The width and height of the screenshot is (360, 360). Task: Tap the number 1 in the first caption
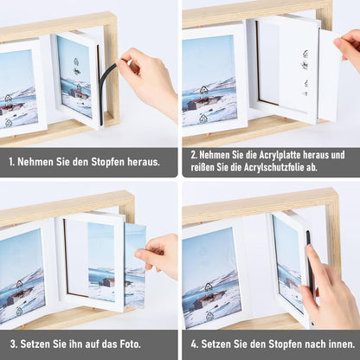pos(11,162)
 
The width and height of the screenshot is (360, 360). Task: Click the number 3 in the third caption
pos(13,344)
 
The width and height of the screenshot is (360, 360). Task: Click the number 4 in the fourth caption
pos(194,344)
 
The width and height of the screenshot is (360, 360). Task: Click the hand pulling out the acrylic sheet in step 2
pos(348,46)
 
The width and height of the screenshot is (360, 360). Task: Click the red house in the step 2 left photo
pos(202,103)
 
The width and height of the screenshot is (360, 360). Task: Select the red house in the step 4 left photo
pos(209,301)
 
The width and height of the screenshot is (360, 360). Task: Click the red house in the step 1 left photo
pos(8,109)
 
